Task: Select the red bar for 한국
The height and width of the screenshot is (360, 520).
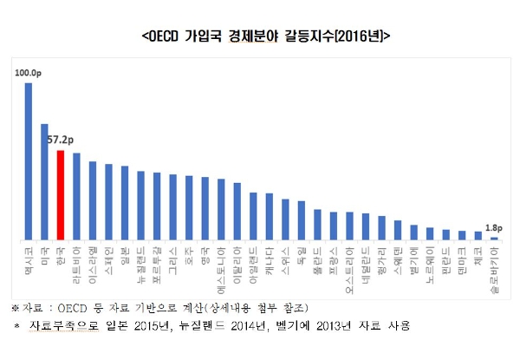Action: click(60, 195)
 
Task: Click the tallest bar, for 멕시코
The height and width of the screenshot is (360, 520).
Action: click(28, 161)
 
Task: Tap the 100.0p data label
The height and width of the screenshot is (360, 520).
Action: click(29, 74)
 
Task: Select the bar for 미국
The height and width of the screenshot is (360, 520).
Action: click(44, 181)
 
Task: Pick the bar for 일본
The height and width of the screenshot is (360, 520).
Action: click(124, 203)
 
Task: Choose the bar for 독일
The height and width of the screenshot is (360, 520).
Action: click(301, 220)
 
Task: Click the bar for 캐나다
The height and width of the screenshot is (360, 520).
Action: click(269, 216)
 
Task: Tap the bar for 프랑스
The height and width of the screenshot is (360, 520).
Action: click(333, 226)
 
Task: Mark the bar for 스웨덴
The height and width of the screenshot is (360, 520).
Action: click(397, 230)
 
